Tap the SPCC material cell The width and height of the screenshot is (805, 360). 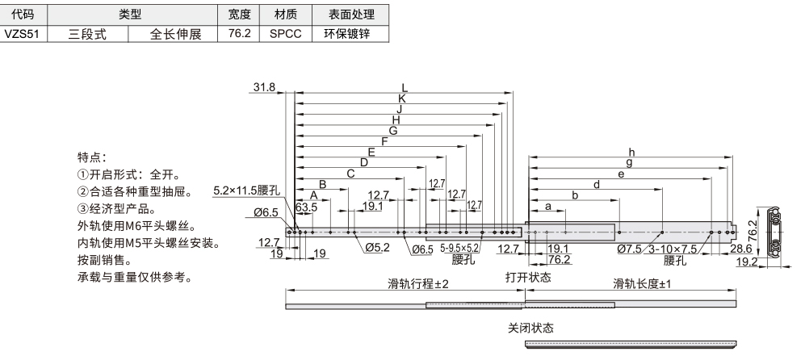(x=284, y=35)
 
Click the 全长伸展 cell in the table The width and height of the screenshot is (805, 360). (x=174, y=35)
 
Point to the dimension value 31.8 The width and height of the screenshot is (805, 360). (x=264, y=87)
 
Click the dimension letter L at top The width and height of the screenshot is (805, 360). (x=405, y=87)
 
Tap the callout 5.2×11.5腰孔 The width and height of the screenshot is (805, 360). (x=246, y=190)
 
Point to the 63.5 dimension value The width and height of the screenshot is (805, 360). (x=305, y=207)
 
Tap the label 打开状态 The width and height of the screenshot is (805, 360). (x=528, y=277)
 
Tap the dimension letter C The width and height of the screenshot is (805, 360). (x=350, y=173)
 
